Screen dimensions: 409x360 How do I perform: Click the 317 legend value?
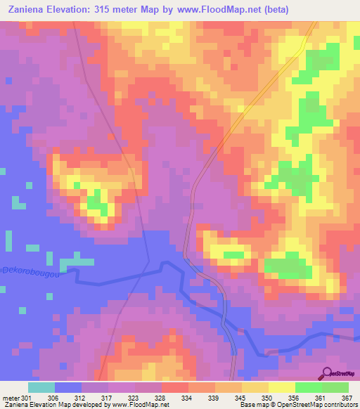point(108,397)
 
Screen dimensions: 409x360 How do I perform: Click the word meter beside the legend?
point(8,397)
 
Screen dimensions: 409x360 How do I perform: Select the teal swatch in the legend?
point(41,387)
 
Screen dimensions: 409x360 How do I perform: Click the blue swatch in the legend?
point(68,387)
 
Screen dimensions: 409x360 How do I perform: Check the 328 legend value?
point(161,397)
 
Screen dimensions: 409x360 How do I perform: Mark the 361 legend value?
point(320,397)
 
